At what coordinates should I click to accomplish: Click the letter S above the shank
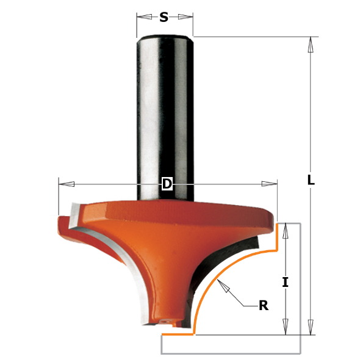point(164,17)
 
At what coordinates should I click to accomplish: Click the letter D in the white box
point(167,184)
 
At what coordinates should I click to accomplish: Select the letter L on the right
point(311,180)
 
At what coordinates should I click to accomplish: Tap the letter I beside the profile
point(286,283)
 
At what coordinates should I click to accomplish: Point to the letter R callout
point(264,306)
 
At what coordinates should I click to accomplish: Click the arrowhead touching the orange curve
point(223,286)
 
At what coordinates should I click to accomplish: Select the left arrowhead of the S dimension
point(144,16)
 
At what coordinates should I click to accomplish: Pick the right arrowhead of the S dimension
point(185,16)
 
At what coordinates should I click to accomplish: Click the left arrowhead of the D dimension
point(67,184)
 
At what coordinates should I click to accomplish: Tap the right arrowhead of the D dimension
point(269,184)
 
